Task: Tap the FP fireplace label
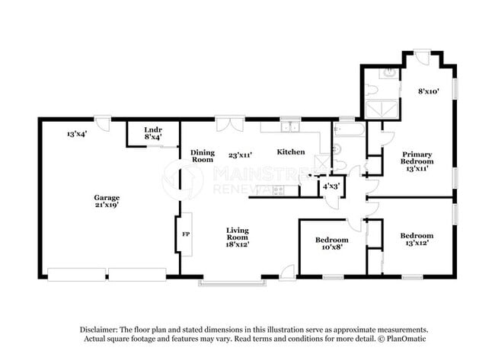click(186, 234)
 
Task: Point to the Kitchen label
click(291, 152)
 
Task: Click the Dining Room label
click(203, 156)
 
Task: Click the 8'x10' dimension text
click(429, 91)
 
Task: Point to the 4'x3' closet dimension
click(331, 186)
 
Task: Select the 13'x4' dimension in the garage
click(77, 134)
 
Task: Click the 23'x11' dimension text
click(240, 155)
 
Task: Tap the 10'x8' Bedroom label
click(332, 244)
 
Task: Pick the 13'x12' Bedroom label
click(417, 239)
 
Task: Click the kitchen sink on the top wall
click(291, 127)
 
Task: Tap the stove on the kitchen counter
click(279, 190)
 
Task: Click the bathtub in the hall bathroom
click(350, 130)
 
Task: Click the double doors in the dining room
click(230, 125)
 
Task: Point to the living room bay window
click(232, 283)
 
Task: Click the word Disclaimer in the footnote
click(98, 330)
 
